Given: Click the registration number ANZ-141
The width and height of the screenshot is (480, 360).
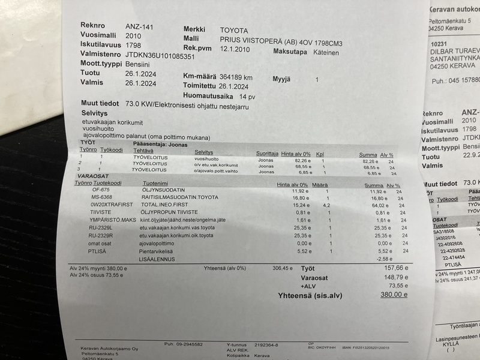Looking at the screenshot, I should tap(139, 26).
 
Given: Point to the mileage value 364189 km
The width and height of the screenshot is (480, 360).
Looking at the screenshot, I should tap(236, 77).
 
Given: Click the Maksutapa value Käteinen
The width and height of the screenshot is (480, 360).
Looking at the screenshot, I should tap(326, 53).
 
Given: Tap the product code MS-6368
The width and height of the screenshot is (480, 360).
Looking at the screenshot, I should tap(101, 197).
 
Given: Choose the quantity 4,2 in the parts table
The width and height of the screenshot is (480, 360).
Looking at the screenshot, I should tap(327, 205).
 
